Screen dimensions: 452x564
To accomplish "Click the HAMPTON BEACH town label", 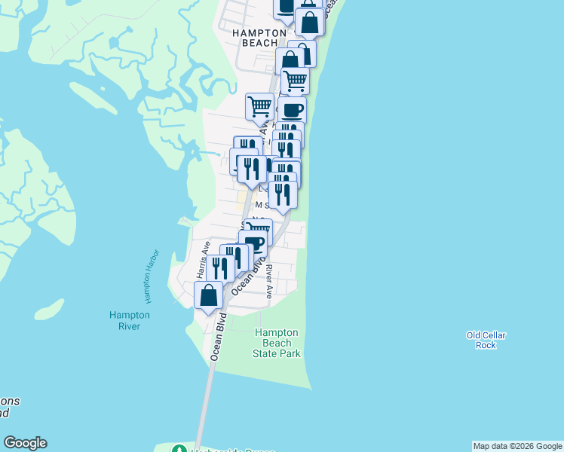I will click(x=259, y=38).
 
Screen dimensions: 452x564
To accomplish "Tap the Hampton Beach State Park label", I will click(x=276, y=343).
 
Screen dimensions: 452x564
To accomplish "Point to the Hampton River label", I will click(x=129, y=320).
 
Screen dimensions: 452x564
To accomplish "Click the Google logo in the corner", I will click(x=25, y=443).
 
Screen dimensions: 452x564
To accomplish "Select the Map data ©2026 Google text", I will click(x=517, y=446).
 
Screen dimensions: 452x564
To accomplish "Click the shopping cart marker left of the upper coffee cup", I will click(x=259, y=106).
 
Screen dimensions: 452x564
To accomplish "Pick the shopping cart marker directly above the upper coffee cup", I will click(x=295, y=80).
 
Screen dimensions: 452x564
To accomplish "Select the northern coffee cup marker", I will click(x=292, y=110).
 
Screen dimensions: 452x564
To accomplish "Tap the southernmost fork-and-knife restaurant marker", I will click(x=219, y=268).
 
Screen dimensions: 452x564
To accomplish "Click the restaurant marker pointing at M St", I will click(x=283, y=194).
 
